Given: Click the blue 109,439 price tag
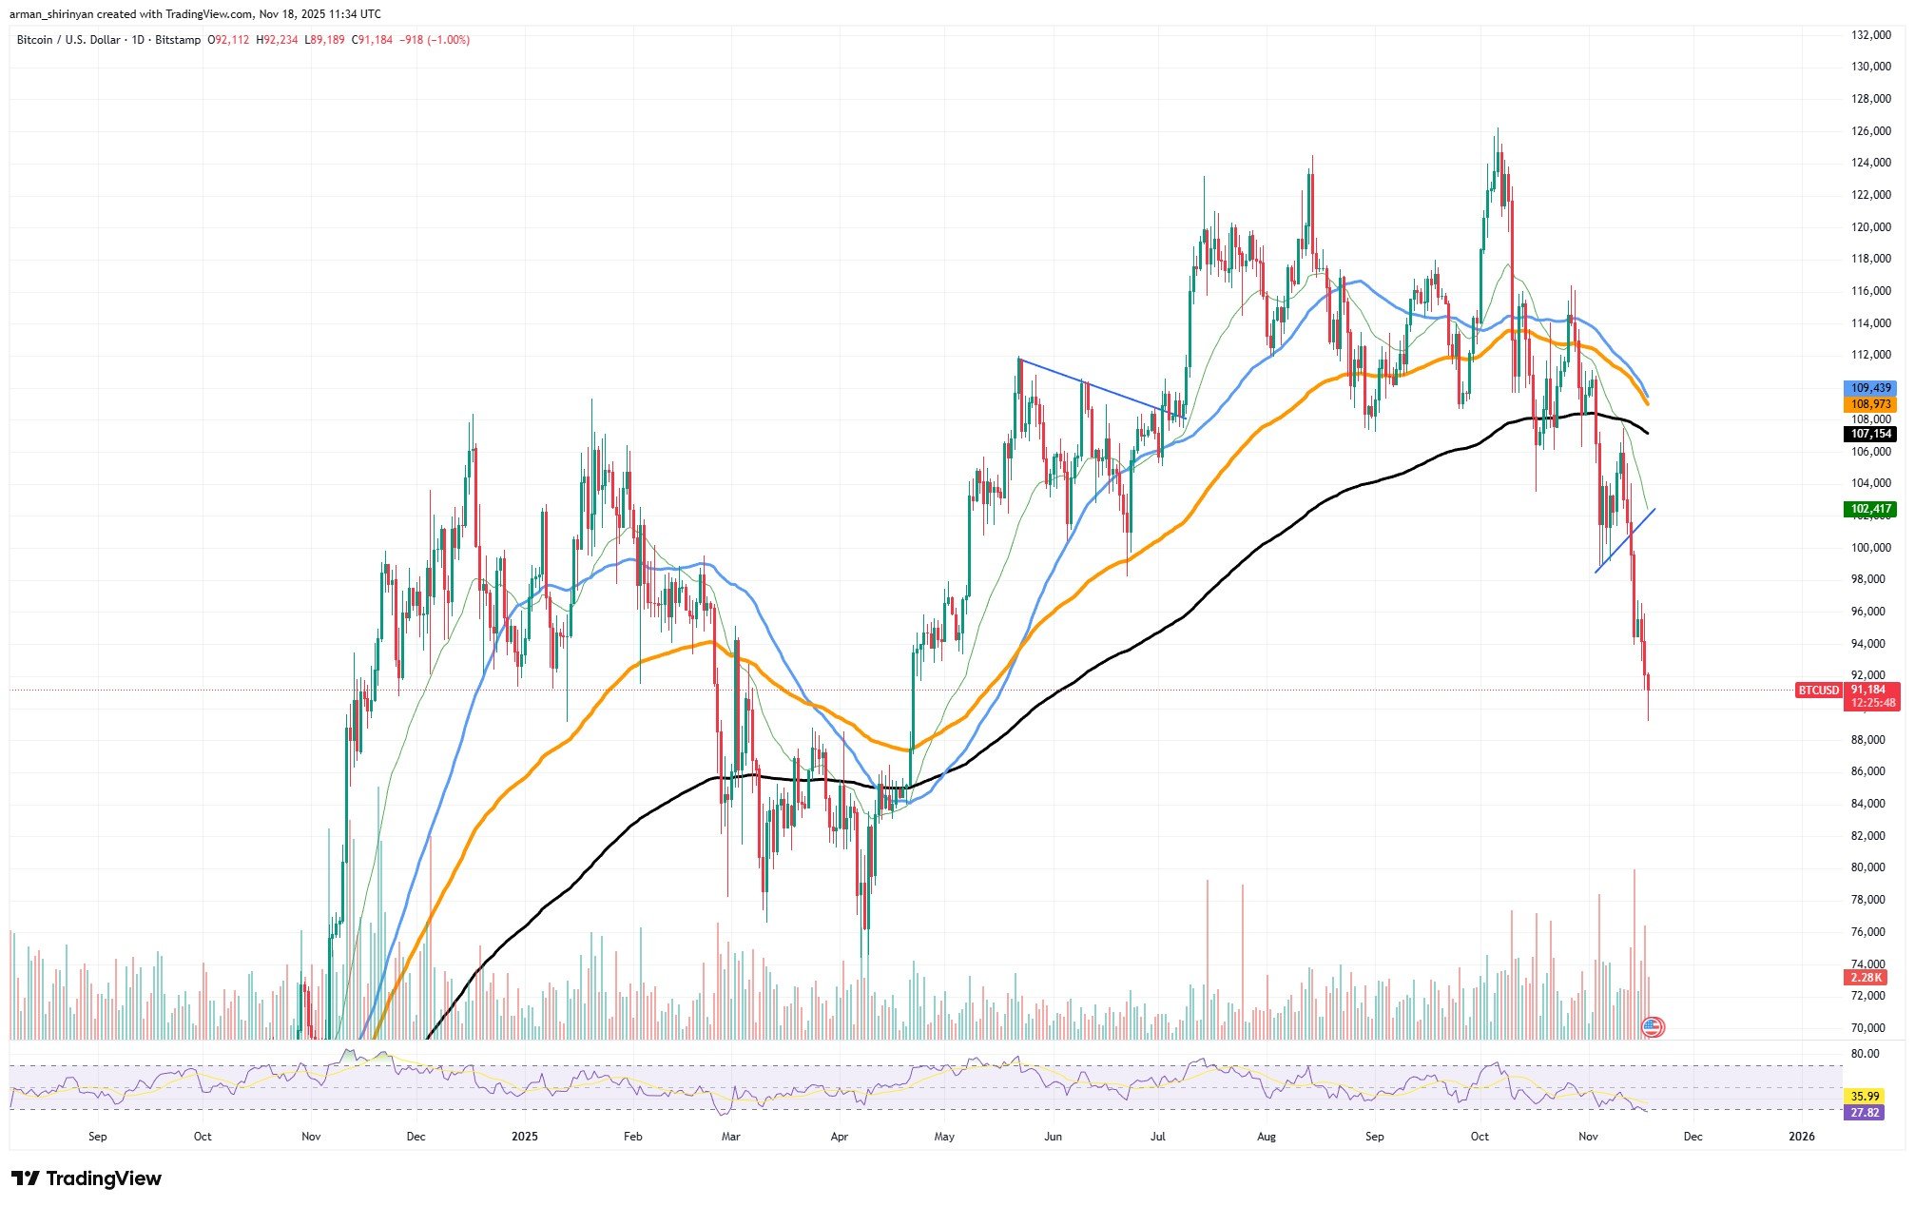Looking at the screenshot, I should point(1870,388).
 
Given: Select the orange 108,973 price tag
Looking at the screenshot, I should point(1870,404).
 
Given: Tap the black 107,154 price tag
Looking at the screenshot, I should point(1870,434).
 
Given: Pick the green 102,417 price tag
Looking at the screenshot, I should point(1870,509).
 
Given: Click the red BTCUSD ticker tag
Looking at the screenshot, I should point(1818,690).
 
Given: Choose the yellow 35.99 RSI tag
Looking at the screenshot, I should point(1863,1096).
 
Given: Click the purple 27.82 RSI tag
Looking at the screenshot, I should point(1863,1112).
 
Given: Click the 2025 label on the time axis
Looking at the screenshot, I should point(524,1136).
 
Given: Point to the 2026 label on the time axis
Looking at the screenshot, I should point(1801,1136).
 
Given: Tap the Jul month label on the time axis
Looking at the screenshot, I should point(1158,1136).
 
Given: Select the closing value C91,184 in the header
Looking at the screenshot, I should point(372,40).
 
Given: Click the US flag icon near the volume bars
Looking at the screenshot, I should point(1653,1026).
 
